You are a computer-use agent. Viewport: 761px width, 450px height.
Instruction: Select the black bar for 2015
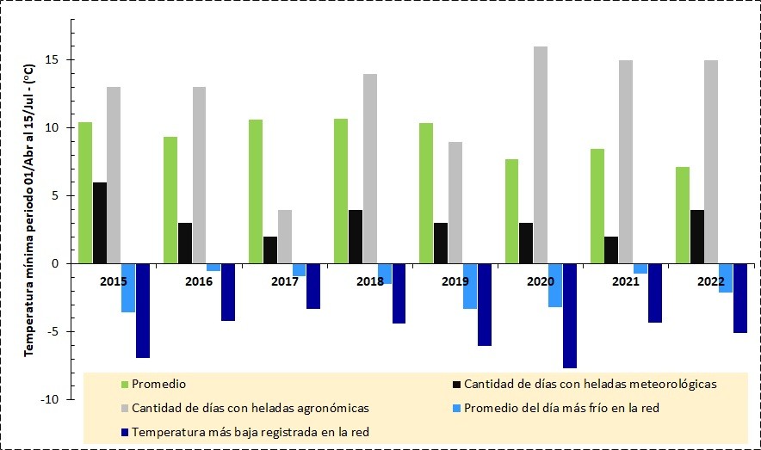click(x=100, y=223)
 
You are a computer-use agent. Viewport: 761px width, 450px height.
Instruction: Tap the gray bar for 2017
click(x=284, y=237)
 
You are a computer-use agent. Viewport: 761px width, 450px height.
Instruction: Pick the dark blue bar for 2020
click(x=570, y=316)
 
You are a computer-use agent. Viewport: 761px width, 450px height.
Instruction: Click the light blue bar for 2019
click(x=470, y=286)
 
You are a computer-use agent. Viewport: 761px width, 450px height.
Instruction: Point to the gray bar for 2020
click(x=540, y=155)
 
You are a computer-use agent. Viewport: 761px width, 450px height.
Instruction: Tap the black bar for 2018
click(x=355, y=237)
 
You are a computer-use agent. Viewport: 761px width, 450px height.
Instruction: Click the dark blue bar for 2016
click(x=227, y=292)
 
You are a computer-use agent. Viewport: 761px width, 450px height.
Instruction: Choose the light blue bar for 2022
click(x=726, y=278)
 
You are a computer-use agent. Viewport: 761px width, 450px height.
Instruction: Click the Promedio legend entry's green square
click(x=125, y=384)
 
